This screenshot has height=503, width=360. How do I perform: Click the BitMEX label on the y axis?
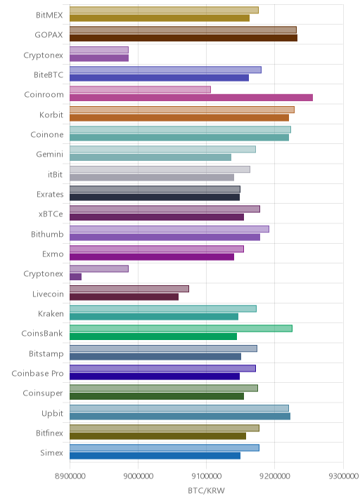[x=49, y=15]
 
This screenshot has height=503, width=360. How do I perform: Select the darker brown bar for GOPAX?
[x=184, y=38]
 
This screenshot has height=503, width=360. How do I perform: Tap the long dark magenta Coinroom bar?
[x=191, y=98]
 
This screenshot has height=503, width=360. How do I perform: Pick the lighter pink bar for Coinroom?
[x=140, y=89]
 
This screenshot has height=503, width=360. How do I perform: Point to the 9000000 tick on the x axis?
[x=138, y=476]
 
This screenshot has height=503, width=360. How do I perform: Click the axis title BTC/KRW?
[x=206, y=491]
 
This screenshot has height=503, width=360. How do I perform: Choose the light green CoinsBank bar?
[x=181, y=329]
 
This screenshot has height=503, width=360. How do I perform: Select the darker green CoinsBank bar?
[x=153, y=337]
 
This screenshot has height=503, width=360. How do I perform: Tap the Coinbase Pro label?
[x=37, y=374]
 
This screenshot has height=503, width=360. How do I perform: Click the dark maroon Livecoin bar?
[x=124, y=296]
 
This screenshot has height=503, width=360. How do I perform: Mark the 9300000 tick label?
[x=343, y=476]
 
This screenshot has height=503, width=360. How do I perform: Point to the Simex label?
[x=52, y=453]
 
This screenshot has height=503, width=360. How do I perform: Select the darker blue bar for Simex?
[x=155, y=456]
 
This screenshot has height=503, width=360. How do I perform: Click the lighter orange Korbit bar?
[x=182, y=110]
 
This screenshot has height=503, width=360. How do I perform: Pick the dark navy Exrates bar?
[x=155, y=197]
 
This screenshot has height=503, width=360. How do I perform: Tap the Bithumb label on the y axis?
[x=47, y=234]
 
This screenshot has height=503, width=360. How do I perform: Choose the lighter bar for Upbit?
[x=179, y=408]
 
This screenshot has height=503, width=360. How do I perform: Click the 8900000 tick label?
[x=70, y=476]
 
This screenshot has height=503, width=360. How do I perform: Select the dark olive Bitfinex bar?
[x=157, y=436]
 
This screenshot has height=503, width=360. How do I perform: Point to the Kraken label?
[x=51, y=314]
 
